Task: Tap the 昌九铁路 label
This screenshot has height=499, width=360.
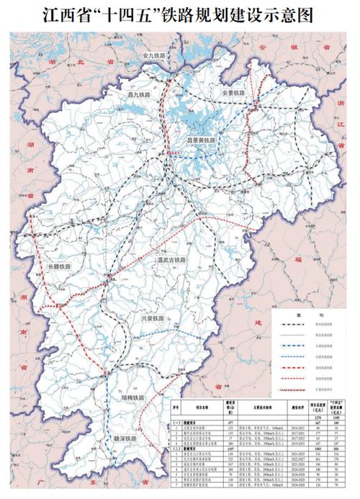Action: [137, 94]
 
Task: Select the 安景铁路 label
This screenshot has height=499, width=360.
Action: [235, 94]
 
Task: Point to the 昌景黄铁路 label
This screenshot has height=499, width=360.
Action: [197, 141]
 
